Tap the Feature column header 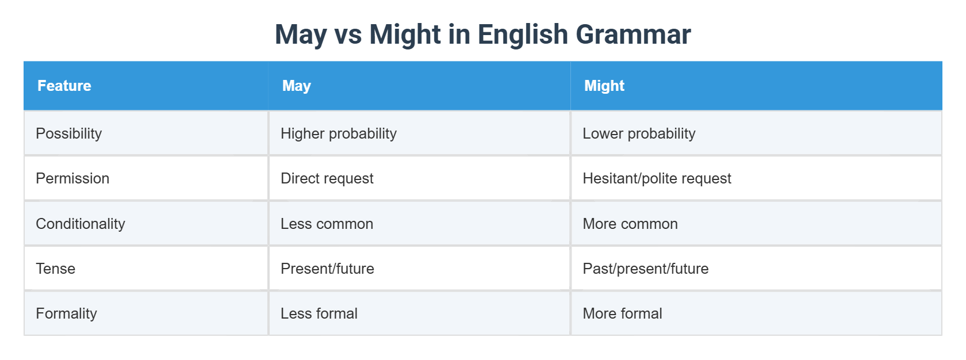click(x=64, y=86)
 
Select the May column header click(x=296, y=86)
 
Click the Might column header click(x=604, y=86)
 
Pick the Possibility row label click(x=69, y=133)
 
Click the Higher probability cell click(x=339, y=133)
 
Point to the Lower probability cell click(x=639, y=133)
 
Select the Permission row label click(x=72, y=178)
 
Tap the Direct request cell click(x=327, y=178)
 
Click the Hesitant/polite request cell click(x=657, y=178)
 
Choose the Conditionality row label click(x=80, y=224)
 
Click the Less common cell click(x=327, y=224)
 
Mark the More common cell click(x=630, y=224)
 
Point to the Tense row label click(x=56, y=269)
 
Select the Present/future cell click(x=327, y=269)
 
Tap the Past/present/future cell click(x=645, y=269)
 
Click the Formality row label click(x=66, y=313)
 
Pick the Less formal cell click(x=319, y=313)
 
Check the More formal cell click(x=622, y=313)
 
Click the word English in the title click(x=523, y=35)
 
